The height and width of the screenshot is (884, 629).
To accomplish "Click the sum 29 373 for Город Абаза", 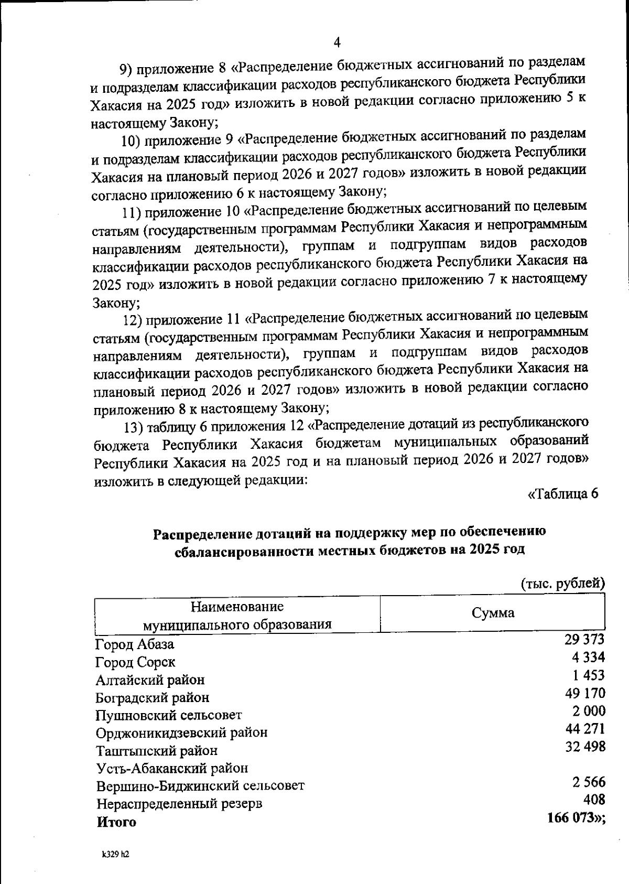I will point(584,639).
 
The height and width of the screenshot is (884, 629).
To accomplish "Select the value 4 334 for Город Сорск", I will point(589,657).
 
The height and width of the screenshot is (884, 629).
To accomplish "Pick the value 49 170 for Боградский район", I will point(585,693).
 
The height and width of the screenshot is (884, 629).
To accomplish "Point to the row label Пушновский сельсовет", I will point(168,715).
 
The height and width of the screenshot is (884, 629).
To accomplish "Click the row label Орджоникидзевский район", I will point(181,732).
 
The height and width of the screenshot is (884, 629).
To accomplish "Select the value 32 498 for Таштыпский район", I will point(585,746).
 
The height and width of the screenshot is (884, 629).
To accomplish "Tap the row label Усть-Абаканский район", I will point(172,768).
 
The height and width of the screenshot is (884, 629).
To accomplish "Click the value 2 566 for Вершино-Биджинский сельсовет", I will point(589,782).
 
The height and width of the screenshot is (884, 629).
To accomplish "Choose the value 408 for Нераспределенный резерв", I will point(594,800).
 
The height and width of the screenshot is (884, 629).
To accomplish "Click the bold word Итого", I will point(116,822).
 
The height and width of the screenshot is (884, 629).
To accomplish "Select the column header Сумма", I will point(493,613).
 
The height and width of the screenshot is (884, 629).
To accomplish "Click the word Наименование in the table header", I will point(237,607).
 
